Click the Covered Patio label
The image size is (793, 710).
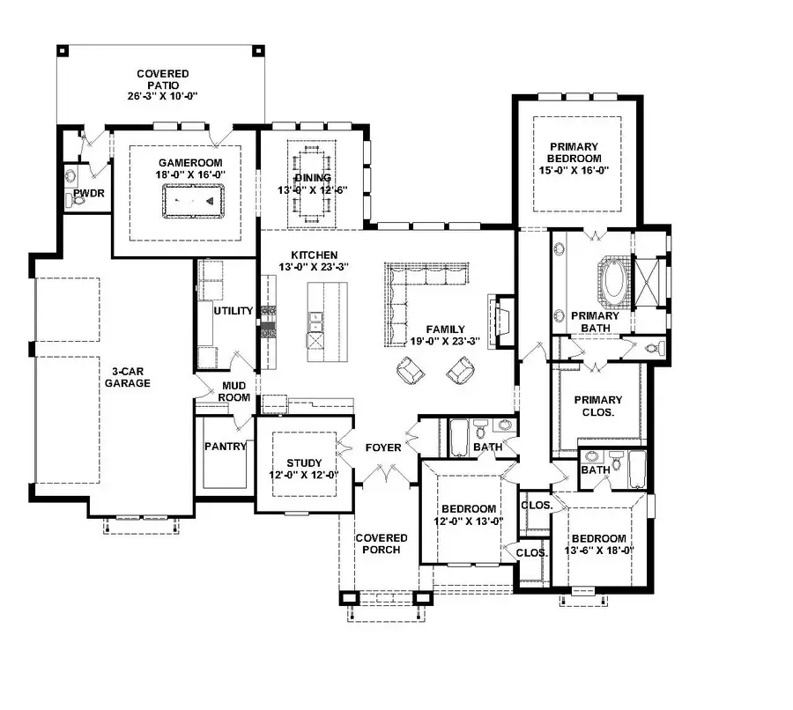click(x=162, y=85)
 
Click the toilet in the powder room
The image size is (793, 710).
click(x=76, y=202)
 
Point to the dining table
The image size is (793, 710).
click(x=312, y=184)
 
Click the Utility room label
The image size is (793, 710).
click(x=233, y=311)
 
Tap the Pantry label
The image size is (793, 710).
click(x=225, y=447)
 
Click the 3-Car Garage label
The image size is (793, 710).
click(x=127, y=377)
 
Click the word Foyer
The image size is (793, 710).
click(x=383, y=447)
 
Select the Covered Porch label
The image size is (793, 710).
click(x=381, y=544)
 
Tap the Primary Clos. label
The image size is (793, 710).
click(x=597, y=405)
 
